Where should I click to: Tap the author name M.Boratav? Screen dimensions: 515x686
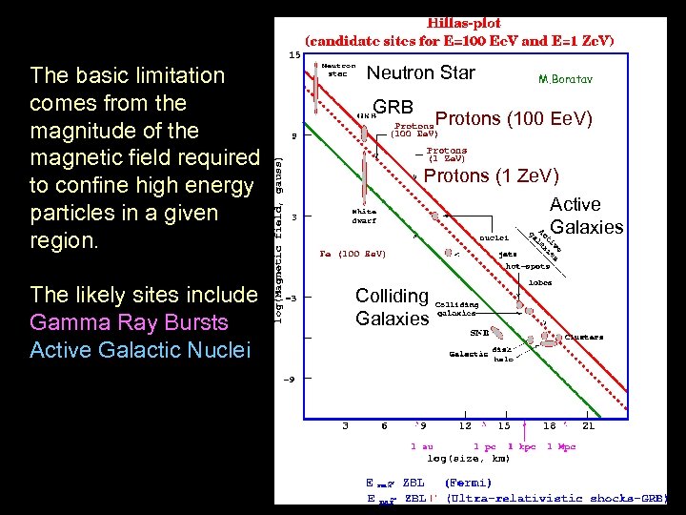click(x=565, y=80)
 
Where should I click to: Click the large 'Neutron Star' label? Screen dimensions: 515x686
click(x=420, y=73)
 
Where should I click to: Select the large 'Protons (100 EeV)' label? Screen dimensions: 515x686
click(x=514, y=119)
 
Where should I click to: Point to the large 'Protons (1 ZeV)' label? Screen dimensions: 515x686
click(x=491, y=176)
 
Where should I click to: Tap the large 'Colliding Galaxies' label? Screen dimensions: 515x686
click(x=392, y=307)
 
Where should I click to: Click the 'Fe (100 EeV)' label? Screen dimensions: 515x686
click(x=353, y=255)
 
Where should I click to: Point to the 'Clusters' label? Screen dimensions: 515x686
click(x=583, y=337)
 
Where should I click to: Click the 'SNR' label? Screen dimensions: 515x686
click(x=479, y=335)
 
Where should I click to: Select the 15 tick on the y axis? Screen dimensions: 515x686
click(x=293, y=54)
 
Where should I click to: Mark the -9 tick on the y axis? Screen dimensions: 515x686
click(x=293, y=380)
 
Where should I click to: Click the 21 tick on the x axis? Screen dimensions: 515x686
click(x=588, y=426)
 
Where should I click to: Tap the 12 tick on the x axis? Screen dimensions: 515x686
click(x=466, y=426)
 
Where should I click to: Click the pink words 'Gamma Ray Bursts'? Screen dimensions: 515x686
click(x=129, y=322)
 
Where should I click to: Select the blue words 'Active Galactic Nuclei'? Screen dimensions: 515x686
click(x=140, y=350)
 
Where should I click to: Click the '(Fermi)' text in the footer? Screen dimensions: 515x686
click(x=469, y=483)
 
